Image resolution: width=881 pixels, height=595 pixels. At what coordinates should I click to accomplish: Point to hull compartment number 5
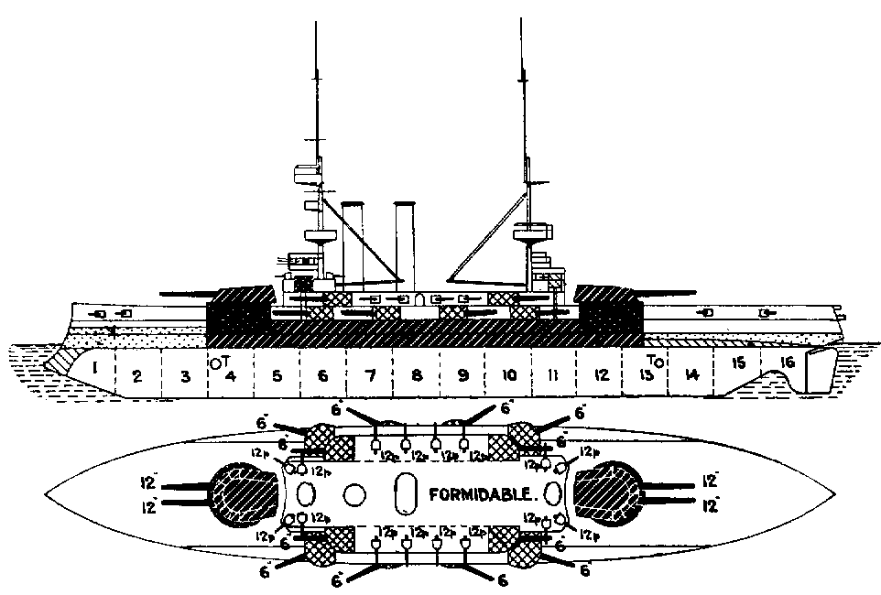(276, 375)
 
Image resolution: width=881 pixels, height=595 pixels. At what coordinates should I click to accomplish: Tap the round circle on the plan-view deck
(353, 493)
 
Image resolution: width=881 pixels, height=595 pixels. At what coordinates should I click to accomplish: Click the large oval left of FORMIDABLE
(404, 493)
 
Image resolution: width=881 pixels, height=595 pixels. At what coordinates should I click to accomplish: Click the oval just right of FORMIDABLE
(552, 493)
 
